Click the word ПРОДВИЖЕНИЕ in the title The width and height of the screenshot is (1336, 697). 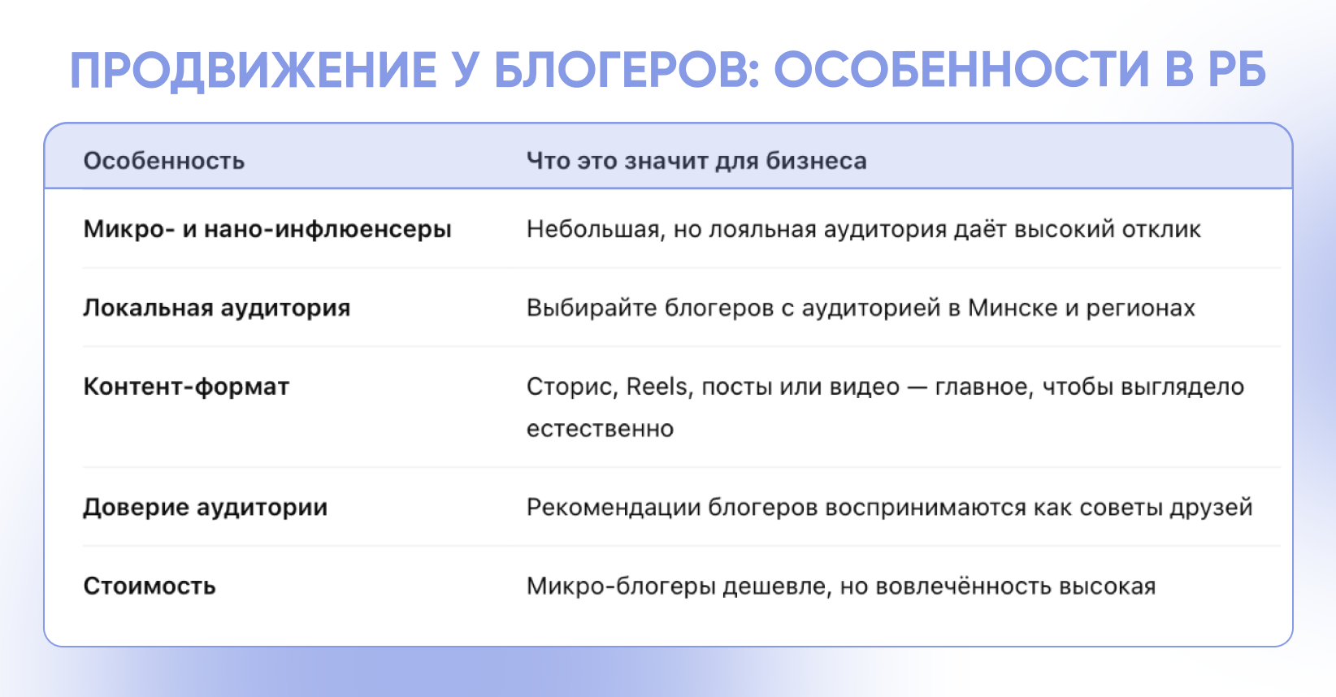tap(253, 71)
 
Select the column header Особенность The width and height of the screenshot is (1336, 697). tap(164, 162)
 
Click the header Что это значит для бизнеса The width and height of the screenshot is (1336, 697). tap(696, 161)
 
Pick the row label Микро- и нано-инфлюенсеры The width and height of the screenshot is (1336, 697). tap(267, 230)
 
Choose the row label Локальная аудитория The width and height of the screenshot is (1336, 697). tap(216, 308)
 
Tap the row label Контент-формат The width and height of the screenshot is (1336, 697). tap(186, 387)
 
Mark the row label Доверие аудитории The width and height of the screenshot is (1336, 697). tap(205, 508)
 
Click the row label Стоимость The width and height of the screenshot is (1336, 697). tap(149, 586)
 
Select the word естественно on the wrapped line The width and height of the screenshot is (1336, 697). tap(600, 429)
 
